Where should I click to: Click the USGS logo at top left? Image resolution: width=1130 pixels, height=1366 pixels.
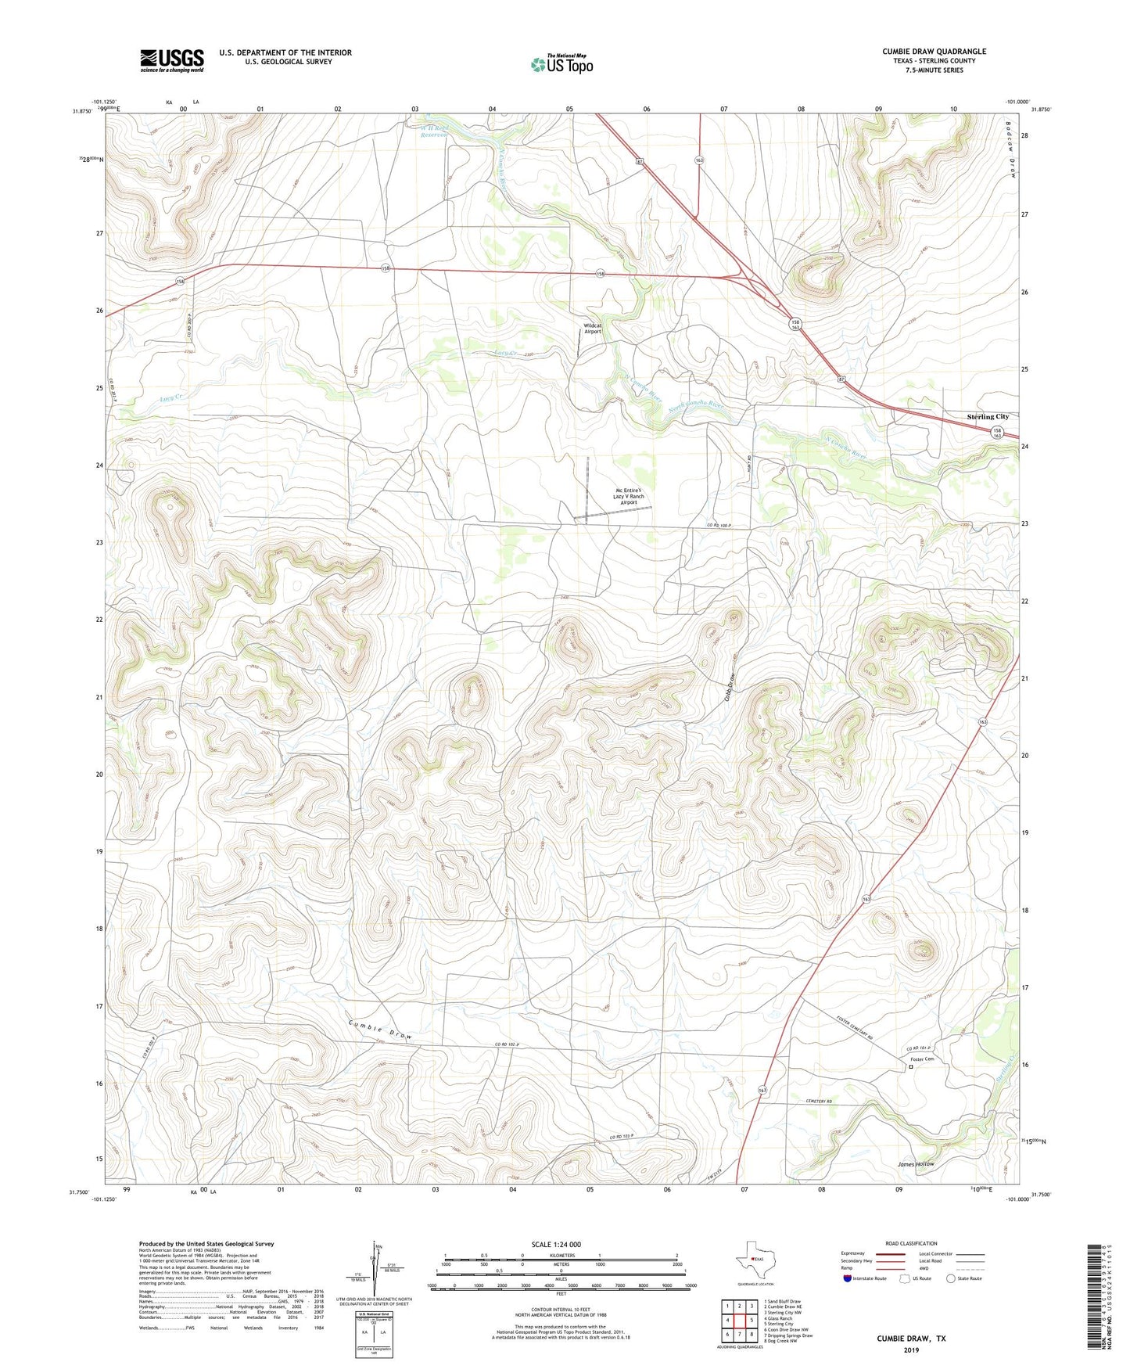(172, 60)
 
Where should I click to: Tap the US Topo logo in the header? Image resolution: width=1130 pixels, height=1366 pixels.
(561, 64)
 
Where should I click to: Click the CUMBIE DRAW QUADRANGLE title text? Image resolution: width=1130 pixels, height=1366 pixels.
(934, 52)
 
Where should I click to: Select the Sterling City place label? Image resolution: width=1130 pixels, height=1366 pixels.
(987, 417)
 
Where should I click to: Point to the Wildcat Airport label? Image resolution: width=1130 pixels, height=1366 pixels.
(593, 329)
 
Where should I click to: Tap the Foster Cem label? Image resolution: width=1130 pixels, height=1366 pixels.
(921, 1059)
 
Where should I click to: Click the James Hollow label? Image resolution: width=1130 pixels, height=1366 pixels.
(915, 1164)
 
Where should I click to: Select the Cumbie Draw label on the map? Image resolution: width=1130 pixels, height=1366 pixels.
(380, 1030)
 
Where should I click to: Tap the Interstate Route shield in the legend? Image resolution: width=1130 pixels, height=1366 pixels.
(848, 1278)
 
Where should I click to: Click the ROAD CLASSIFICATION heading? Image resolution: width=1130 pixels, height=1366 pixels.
(911, 1243)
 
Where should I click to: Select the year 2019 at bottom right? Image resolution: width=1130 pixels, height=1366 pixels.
(911, 1350)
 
